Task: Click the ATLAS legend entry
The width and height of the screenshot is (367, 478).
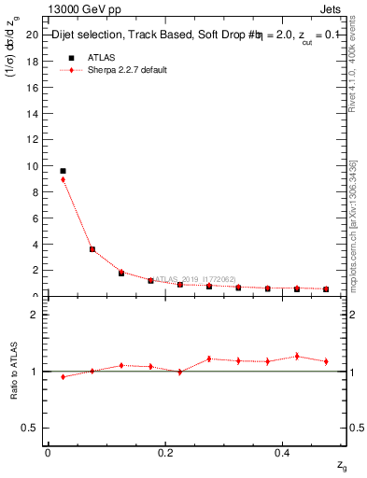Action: [102, 58]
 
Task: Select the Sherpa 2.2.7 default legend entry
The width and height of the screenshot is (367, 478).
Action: [128, 71]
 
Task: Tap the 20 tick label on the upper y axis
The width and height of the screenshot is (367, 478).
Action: [32, 35]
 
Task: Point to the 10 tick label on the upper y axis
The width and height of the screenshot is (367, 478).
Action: [32, 166]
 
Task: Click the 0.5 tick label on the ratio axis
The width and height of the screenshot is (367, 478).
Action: [30, 428]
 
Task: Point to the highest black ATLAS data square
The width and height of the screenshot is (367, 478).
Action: [63, 171]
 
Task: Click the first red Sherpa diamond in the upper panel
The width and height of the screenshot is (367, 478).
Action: [63, 179]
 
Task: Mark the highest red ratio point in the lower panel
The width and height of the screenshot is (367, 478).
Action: [297, 356]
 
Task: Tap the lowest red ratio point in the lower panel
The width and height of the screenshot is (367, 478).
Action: [63, 377]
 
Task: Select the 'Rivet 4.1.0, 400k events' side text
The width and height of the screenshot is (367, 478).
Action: [353, 71]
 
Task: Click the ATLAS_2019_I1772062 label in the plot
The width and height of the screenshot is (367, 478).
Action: [195, 278]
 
